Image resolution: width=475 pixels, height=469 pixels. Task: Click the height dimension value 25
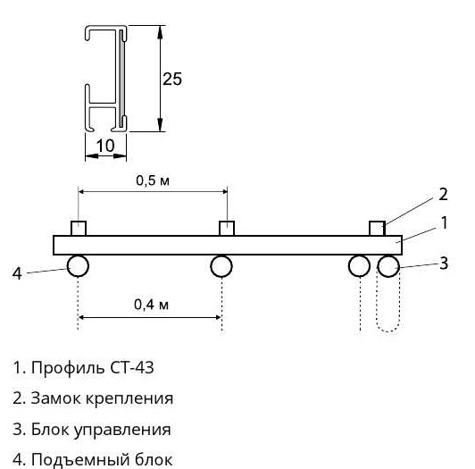click(172, 80)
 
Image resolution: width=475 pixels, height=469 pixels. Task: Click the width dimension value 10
click(105, 146)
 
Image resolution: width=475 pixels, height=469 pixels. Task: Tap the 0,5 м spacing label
click(153, 180)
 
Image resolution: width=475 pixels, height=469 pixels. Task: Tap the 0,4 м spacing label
click(151, 305)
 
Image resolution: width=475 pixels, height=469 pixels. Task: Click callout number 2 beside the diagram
click(443, 195)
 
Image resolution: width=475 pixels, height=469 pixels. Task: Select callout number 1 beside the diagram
click(444, 222)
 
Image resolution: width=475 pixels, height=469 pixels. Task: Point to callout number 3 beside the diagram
click(444, 264)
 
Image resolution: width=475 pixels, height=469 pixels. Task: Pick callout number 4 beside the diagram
click(17, 273)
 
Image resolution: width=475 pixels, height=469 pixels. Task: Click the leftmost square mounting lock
click(79, 229)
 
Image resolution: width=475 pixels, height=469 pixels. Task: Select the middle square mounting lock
click(227, 229)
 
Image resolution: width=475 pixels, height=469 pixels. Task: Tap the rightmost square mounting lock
click(377, 229)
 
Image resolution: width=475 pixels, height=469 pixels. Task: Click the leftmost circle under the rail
click(78, 266)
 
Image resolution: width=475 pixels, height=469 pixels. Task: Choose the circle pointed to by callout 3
click(388, 266)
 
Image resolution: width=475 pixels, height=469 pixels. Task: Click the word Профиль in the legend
click(69, 367)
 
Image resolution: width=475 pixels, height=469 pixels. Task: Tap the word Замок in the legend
click(56, 398)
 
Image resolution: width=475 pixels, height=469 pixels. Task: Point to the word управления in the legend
click(122, 430)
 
